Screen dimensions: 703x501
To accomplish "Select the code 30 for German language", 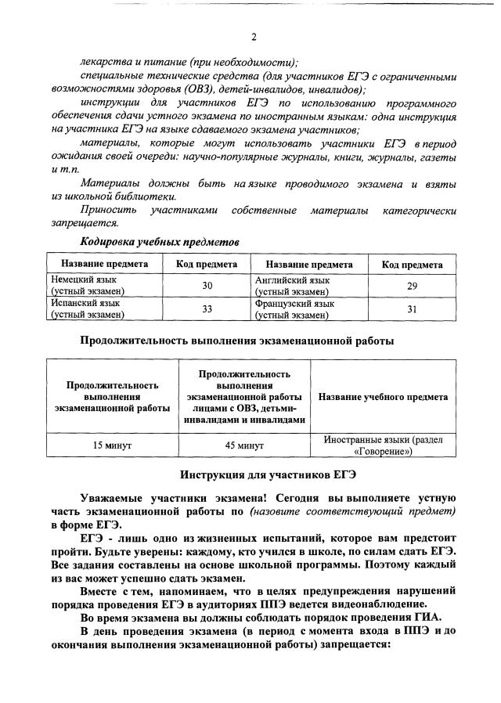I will click(x=207, y=286).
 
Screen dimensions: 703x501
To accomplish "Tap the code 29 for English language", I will click(x=412, y=286).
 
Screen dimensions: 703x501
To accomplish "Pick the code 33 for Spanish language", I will click(x=207, y=308).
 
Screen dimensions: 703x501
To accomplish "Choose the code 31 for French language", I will click(x=412, y=308).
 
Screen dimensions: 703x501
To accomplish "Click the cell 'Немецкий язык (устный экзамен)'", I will click(x=88, y=286).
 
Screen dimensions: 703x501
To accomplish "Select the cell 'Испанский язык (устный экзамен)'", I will click(x=88, y=308).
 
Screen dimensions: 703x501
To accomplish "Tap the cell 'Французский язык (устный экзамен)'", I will click(x=294, y=308).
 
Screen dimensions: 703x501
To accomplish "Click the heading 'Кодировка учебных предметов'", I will click(x=160, y=242).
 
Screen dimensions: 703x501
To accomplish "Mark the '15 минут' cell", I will click(x=112, y=445).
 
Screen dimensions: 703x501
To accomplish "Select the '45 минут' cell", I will click(x=244, y=445).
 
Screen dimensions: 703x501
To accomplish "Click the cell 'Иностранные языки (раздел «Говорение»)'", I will click(x=383, y=445).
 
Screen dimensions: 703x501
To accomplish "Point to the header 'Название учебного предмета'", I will click(x=383, y=397).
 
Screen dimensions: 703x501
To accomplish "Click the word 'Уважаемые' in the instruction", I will click(x=113, y=498).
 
